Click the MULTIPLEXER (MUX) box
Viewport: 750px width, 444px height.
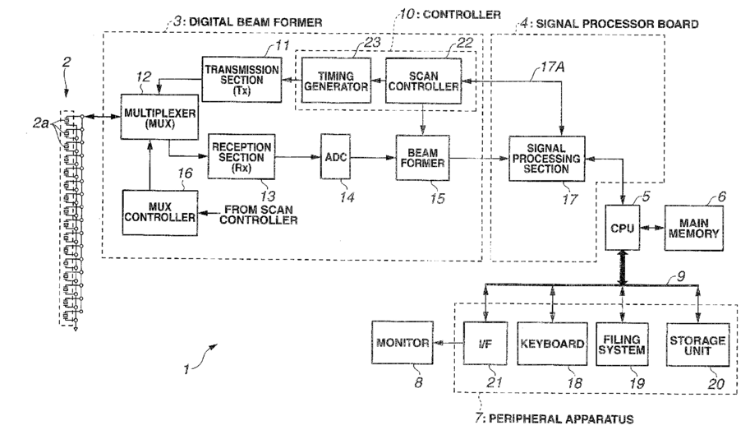point(159,117)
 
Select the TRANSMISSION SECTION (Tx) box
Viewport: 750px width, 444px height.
point(242,79)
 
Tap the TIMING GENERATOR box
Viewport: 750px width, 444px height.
point(336,81)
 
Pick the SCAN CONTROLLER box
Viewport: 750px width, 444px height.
point(423,81)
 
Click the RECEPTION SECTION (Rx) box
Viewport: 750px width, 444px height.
point(242,156)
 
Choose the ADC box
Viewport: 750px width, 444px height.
point(335,156)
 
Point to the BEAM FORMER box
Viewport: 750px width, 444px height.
point(422,158)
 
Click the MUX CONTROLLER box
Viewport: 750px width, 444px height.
point(159,213)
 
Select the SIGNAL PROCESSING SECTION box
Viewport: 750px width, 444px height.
point(547,159)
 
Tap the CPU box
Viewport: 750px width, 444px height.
point(623,228)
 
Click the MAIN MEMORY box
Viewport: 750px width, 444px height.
point(693,228)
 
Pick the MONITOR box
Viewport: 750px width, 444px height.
point(403,343)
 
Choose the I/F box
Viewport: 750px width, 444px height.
point(485,344)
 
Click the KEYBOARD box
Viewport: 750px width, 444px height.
point(553,344)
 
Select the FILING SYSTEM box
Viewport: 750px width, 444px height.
point(622,345)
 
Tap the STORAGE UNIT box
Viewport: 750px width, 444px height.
point(698,345)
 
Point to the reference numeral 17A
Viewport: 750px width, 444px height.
point(553,67)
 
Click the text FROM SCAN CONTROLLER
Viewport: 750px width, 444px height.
point(258,215)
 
